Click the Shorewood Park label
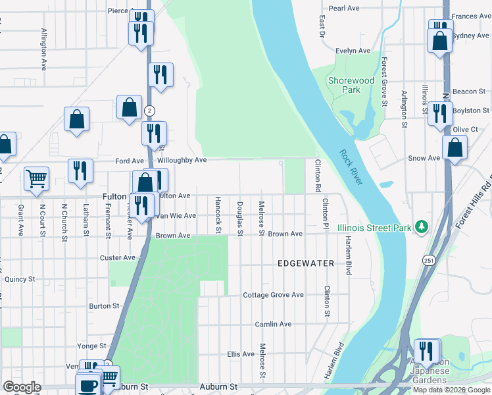351,85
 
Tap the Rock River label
351,167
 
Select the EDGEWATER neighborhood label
306,263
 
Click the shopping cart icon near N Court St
36,178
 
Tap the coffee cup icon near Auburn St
88,384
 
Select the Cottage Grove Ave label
273,295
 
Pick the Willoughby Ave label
182,160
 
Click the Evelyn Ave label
353,51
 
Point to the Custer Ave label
118,257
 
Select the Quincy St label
20,279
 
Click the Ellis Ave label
241,354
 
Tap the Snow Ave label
424,158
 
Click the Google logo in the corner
22,387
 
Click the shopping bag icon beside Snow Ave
455,148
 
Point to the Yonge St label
91,346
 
